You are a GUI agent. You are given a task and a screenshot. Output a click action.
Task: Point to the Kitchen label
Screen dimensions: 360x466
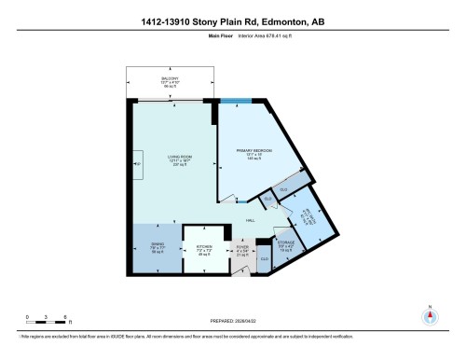pyautogui.click(x=204, y=250)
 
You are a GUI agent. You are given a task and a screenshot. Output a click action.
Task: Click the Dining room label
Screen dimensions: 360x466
pyautogui.click(x=158, y=248)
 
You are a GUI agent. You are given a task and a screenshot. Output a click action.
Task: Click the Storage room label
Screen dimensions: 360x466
pyautogui.click(x=286, y=247)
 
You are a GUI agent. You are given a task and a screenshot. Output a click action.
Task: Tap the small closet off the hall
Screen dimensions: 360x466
pyautogui.click(x=267, y=198)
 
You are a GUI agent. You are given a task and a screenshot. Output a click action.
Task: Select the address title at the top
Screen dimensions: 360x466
pyautogui.click(x=233, y=21)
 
